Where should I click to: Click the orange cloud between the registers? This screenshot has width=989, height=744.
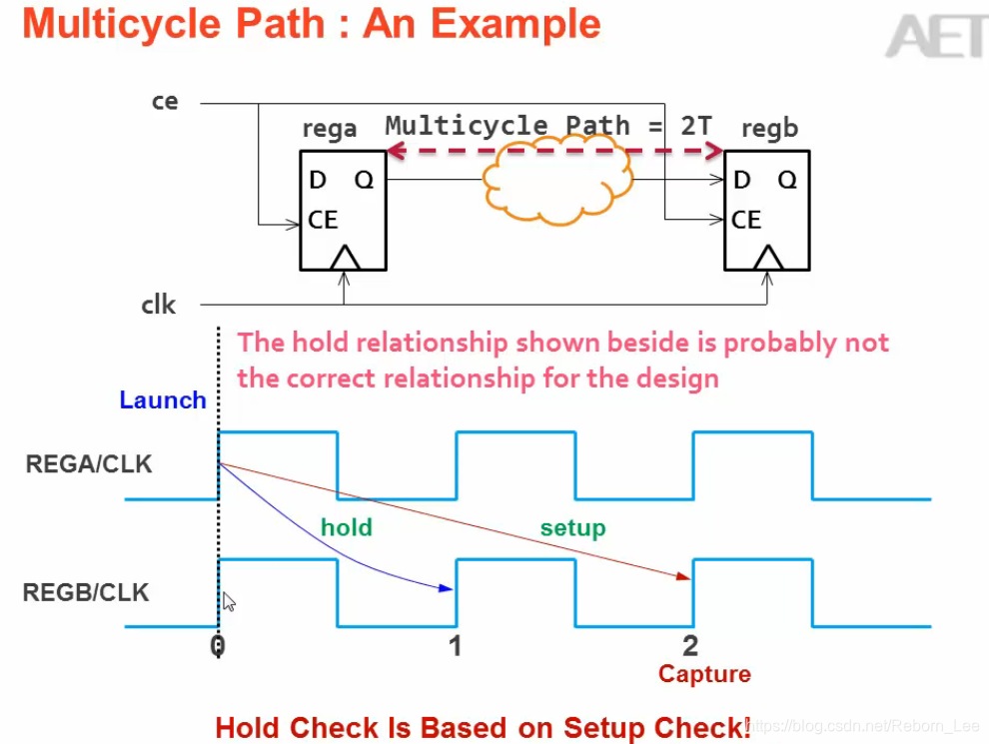click(557, 182)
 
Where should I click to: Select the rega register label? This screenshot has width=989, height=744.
click(329, 130)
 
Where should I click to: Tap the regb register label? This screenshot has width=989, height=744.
click(769, 129)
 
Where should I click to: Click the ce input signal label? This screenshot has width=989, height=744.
click(165, 102)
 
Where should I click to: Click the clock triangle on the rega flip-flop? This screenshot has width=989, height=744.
click(344, 259)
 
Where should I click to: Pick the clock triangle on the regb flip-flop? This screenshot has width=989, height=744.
click(767, 259)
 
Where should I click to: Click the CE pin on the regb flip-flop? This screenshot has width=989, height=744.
click(746, 220)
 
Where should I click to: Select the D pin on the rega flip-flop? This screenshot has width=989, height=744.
click(318, 180)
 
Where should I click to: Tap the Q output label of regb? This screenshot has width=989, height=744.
click(787, 180)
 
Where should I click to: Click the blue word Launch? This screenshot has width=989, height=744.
click(163, 400)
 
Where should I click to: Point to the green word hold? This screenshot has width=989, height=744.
click(347, 527)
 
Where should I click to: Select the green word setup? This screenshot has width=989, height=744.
click(572, 527)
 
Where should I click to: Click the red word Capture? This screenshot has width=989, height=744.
click(704, 674)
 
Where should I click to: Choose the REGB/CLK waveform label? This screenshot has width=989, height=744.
click(86, 592)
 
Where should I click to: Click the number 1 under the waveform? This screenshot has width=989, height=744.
click(456, 646)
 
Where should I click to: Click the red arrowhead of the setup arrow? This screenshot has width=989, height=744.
click(684, 576)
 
